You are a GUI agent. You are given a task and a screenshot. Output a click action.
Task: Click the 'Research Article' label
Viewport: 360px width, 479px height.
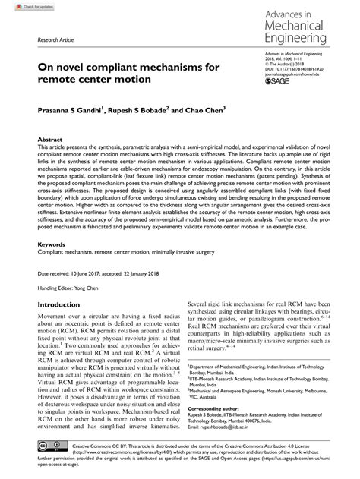click(x=43, y=38)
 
